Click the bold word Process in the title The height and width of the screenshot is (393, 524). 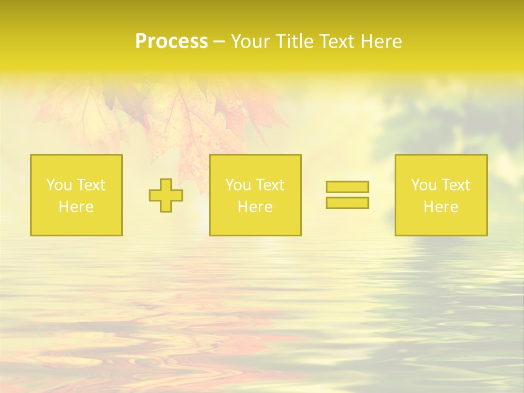pos(171,41)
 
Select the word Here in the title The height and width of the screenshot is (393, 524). pos(381,41)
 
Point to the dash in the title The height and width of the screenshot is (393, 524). pos(219,41)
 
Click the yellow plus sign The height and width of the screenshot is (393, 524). pos(166,195)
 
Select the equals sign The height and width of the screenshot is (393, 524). pos(347,195)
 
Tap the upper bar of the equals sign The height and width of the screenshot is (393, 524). pos(347,187)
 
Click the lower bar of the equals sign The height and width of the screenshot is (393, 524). pos(347,203)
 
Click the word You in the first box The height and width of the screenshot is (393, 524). pos(58,185)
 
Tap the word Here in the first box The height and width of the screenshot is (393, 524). pos(76,207)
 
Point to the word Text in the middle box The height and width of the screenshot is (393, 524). pos(270,185)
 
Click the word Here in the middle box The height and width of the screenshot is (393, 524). pos(255,207)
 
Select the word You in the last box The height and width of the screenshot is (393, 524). pos(423,185)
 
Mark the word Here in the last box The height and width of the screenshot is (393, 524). pos(441,207)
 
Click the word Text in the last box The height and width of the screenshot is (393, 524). pos(455,185)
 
